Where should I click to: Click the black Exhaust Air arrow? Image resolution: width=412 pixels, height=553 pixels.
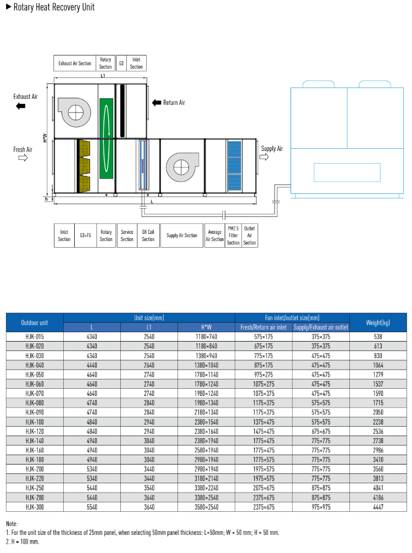[x=21, y=107]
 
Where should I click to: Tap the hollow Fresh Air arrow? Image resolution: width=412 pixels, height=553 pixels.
[x=23, y=158]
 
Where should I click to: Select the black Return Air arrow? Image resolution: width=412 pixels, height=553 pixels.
[x=157, y=103]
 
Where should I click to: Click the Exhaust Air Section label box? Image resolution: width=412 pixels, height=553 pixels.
[x=75, y=63]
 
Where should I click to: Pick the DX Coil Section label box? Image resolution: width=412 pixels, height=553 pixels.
[x=148, y=236]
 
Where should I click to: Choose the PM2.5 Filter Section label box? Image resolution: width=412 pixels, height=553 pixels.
[x=233, y=236]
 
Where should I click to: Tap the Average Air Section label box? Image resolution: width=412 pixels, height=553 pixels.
[x=214, y=236]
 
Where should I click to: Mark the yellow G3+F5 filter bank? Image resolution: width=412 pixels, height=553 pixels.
[x=84, y=165]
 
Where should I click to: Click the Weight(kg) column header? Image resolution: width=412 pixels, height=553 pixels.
[x=378, y=322]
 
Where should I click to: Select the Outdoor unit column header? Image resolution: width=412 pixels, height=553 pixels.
[x=35, y=322]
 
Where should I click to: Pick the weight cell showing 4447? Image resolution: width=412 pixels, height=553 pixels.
[x=378, y=507]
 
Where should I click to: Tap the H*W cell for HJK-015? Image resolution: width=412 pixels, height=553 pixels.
[x=207, y=336]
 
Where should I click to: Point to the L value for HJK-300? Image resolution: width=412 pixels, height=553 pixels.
[x=92, y=507]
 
